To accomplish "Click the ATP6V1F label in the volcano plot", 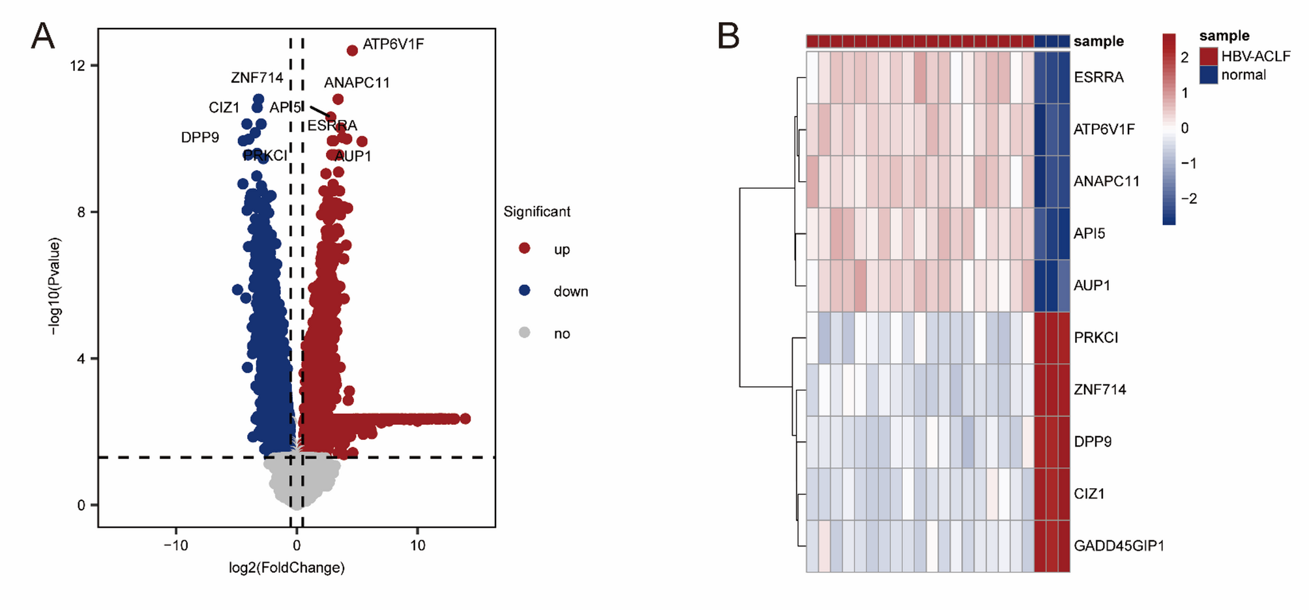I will point(393,44).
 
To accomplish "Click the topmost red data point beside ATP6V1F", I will point(352,50).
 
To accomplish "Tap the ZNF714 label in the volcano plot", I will point(257,78).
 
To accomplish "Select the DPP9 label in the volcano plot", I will point(200,138).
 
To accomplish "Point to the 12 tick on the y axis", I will point(78,65).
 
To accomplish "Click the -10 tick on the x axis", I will point(175,545).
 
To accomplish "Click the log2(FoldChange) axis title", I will point(287,568).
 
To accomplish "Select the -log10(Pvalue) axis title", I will point(55,286).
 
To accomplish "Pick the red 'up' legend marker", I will point(524,248).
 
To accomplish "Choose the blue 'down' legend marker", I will point(524,291).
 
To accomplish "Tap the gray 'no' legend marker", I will point(524,333).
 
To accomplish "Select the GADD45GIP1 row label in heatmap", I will point(1119,546).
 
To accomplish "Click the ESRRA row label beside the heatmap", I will point(1098,78).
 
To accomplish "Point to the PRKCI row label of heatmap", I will point(1096,338).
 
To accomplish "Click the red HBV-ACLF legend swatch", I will point(1209,56).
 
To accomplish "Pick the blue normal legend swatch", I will point(1209,75).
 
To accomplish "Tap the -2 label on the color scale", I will point(1188,199).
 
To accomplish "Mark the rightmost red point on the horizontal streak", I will point(465,418).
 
